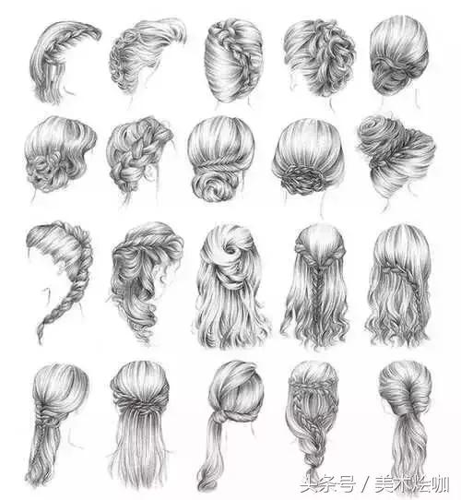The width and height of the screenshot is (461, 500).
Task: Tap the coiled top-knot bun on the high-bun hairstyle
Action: (378, 131)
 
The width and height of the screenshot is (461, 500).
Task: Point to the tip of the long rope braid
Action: (41, 342)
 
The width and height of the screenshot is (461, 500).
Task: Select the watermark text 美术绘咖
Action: (411, 484)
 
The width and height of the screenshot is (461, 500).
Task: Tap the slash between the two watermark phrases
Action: (365, 484)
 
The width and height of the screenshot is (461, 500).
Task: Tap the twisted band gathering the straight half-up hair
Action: (139, 404)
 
